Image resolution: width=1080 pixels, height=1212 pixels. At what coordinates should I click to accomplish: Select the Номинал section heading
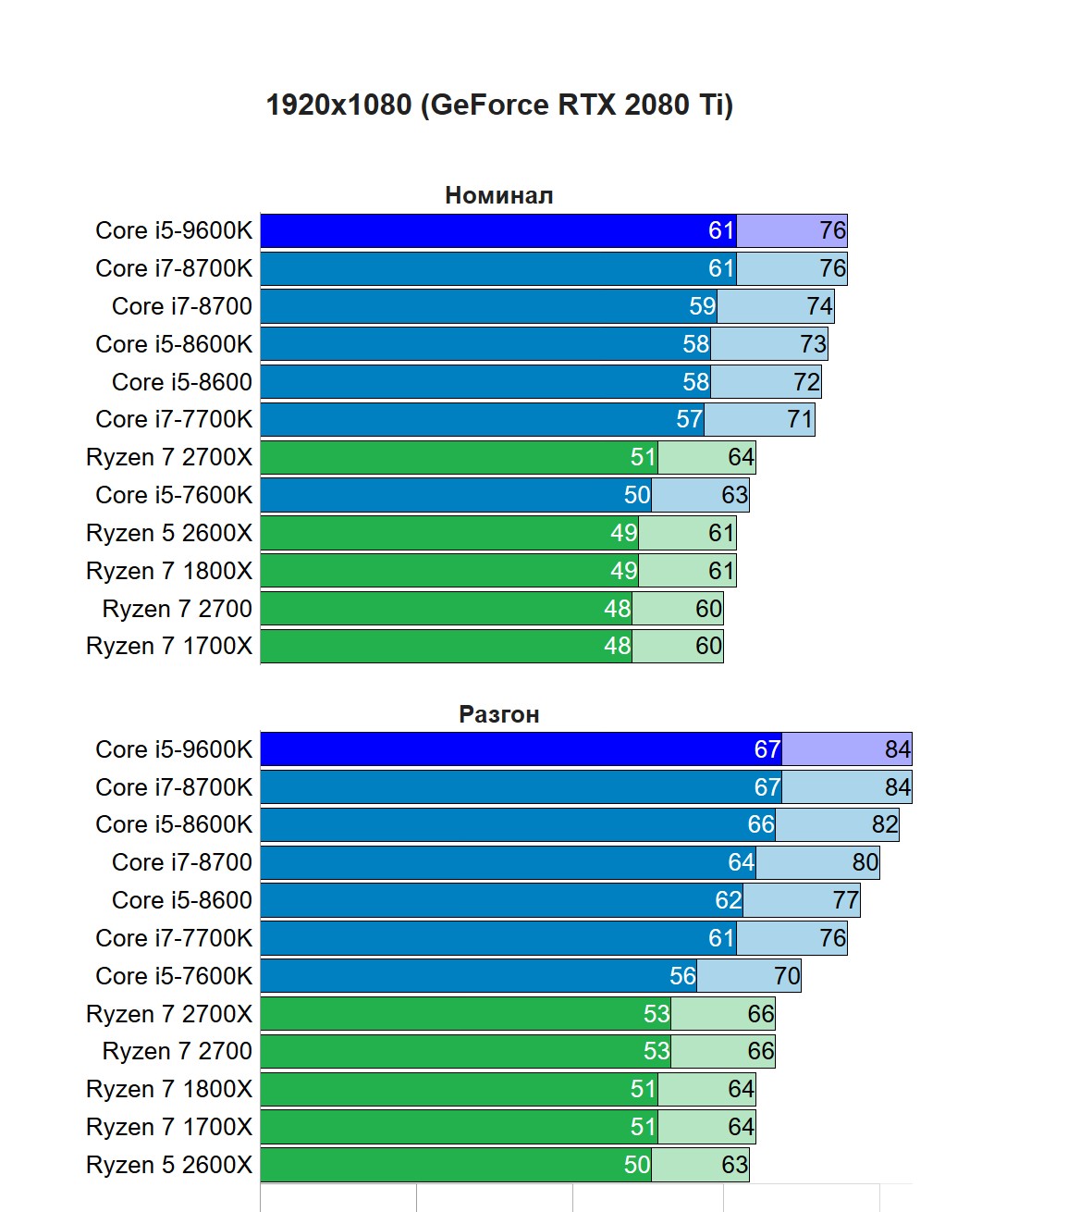coord(498,195)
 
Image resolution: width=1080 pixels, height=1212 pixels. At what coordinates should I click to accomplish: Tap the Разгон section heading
coord(498,714)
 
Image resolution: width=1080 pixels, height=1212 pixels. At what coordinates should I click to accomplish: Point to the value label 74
coord(819,306)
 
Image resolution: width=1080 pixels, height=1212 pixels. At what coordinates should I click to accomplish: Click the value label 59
coord(702,306)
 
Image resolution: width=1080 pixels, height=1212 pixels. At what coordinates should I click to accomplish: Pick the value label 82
coord(884,824)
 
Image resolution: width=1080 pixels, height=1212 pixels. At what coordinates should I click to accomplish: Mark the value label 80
coord(865,862)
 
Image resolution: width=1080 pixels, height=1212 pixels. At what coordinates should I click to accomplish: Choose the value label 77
coord(845,900)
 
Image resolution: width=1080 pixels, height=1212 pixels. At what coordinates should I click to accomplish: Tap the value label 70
coord(787,976)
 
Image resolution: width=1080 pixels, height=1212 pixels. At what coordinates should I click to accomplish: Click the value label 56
coord(682,976)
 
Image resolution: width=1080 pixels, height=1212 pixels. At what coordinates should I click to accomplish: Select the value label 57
coord(689,419)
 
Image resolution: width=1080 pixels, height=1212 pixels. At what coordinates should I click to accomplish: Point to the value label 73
coord(813,344)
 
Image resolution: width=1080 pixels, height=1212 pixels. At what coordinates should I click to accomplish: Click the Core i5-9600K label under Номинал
coord(174,230)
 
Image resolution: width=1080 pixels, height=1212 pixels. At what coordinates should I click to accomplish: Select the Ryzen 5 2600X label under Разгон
coord(169,1165)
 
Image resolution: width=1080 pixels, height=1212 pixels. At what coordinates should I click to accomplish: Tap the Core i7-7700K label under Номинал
coord(174,419)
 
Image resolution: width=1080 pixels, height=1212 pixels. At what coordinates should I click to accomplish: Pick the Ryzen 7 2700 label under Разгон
coord(178,1051)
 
